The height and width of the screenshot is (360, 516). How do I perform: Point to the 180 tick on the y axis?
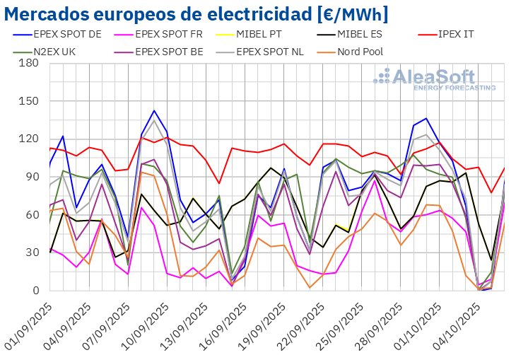[29, 63]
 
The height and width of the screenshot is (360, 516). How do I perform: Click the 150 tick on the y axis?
[29, 101]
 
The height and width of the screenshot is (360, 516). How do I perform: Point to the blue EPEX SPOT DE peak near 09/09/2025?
[154, 110]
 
